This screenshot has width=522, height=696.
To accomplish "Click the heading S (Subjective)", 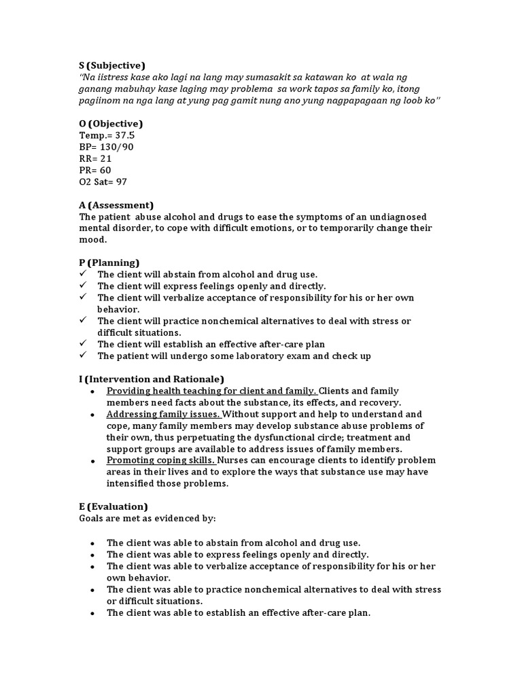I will coord(112,65).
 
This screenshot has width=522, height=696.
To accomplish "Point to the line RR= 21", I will coord(95,158).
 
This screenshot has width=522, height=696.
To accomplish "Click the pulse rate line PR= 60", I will coord(95,170).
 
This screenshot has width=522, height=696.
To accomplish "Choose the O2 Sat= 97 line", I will coord(103,181).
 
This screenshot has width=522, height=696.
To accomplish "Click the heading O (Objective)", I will coord(111,124).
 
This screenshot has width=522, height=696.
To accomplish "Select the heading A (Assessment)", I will coord(116,205).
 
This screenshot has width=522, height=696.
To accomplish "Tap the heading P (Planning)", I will coord(109,262).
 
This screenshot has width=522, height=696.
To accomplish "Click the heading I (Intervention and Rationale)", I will coord(152,379).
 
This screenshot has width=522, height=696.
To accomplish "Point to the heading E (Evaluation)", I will coord(113,506).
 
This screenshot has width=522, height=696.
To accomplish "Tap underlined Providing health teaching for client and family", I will coord(211,391).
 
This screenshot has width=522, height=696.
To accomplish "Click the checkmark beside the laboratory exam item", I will coord(83,355).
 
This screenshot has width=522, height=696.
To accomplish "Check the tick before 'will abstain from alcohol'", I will coord(83,274).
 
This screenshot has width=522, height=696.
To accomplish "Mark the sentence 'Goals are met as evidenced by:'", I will coord(147,519).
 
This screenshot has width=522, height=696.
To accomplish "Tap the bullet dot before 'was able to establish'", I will coord(92,613).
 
